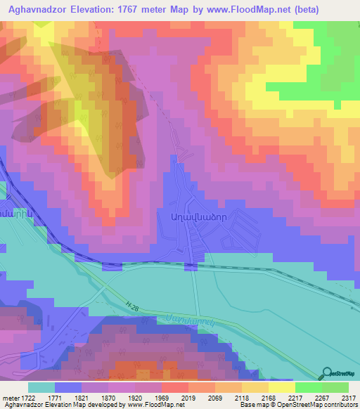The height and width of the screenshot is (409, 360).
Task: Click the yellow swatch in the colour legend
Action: coord(282,387)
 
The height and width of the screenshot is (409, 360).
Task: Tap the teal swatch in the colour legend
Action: coord(41,387)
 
